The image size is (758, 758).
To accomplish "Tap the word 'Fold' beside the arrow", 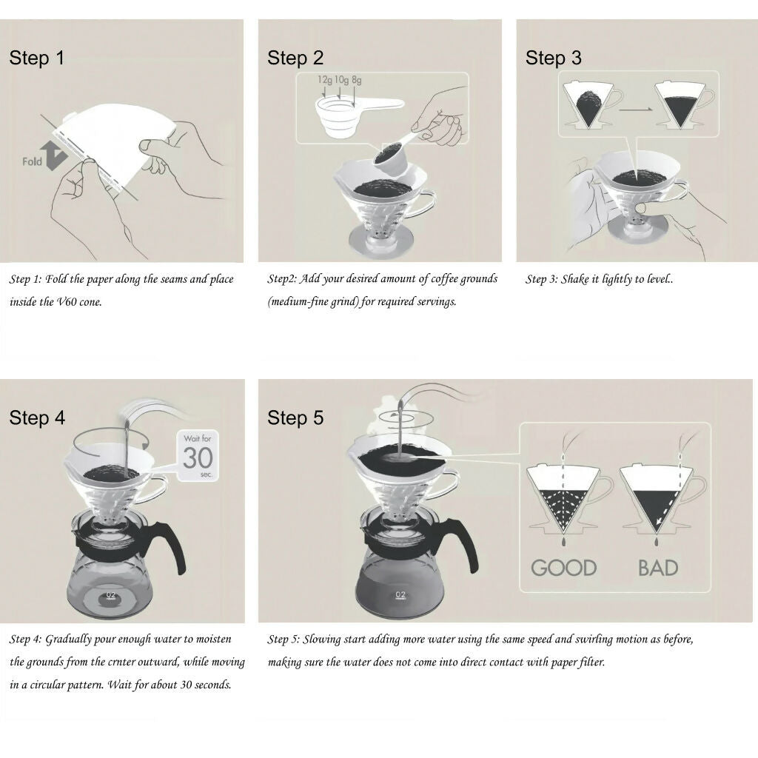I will click(33, 161).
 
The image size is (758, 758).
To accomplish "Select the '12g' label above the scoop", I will click(324, 79).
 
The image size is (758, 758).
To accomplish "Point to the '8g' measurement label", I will click(357, 79).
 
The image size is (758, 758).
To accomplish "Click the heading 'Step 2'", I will click(295, 58).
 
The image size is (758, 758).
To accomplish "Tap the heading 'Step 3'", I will click(554, 58).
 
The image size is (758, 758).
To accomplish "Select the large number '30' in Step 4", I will click(198, 458).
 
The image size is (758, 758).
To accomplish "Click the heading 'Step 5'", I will click(295, 418).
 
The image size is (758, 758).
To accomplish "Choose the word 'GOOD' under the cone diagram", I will click(563, 568).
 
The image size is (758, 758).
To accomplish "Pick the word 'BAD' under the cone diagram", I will click(658, 568).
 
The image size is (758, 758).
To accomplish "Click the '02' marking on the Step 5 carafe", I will click(400, 594).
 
